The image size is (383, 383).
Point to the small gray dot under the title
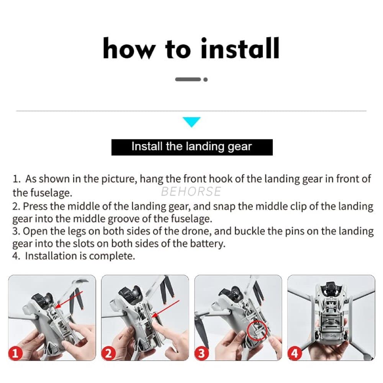tap(206, 80)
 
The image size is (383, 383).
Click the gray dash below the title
tap(188, 79)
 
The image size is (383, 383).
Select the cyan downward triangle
tap(192, 122)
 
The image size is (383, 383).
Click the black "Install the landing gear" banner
tap(192, 147)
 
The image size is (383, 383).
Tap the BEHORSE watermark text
tap(191, 191)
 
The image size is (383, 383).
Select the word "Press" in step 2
tap(35, 206)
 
